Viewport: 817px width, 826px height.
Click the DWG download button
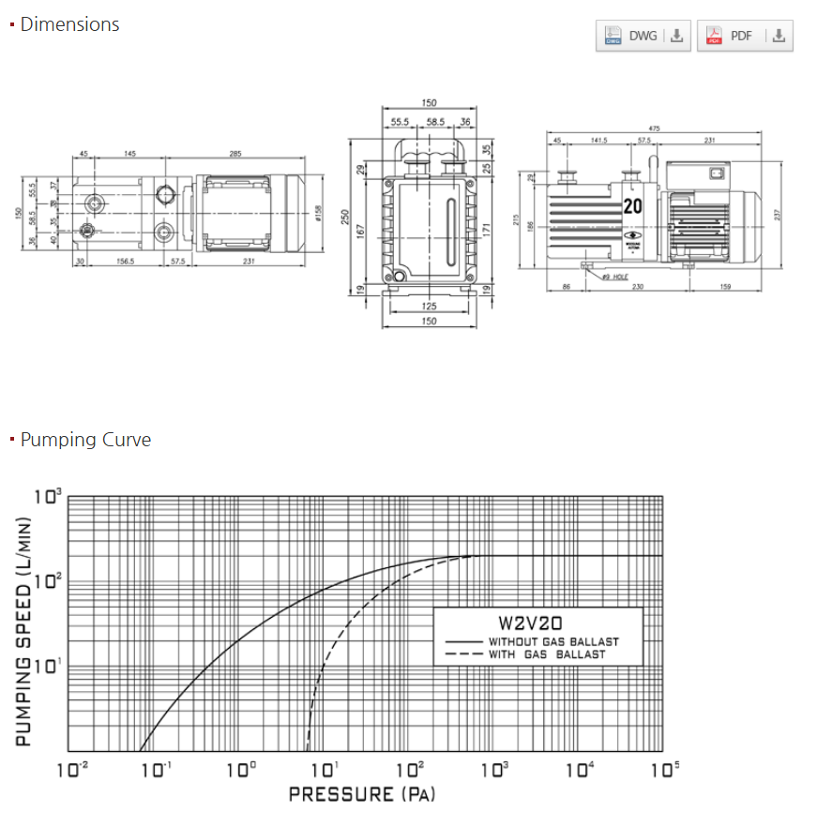pyautogui.click(x=643, y=37)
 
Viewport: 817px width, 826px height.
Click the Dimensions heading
pyautogui.click(x=69, y=24)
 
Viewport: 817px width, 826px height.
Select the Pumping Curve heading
pyautogui.click(x=85, y=440)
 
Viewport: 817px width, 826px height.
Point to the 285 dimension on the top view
pyautogui.click(x=235, y=154)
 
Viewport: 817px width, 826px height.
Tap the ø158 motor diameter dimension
pyautogui.click(x=319, y=214)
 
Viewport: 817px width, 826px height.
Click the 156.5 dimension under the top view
pyautogui.click(x=126, y=262)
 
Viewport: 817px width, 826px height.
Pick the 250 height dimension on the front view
pyautogui.click(x=346, y=217)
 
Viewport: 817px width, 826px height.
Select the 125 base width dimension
pyautogui.click(x=429, y=307)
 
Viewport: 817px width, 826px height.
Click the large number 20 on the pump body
pyautogui.click(x=633, y=207)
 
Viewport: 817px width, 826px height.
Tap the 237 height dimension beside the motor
pyautogui.click(x=778, y=215)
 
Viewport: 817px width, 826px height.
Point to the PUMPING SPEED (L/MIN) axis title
pyautogui.click(x=23, y=633)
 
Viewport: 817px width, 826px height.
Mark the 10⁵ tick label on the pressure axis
pyautogui.click(x=666, y=769)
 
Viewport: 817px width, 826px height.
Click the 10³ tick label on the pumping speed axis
pyautogui.click(x=48, y=495)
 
